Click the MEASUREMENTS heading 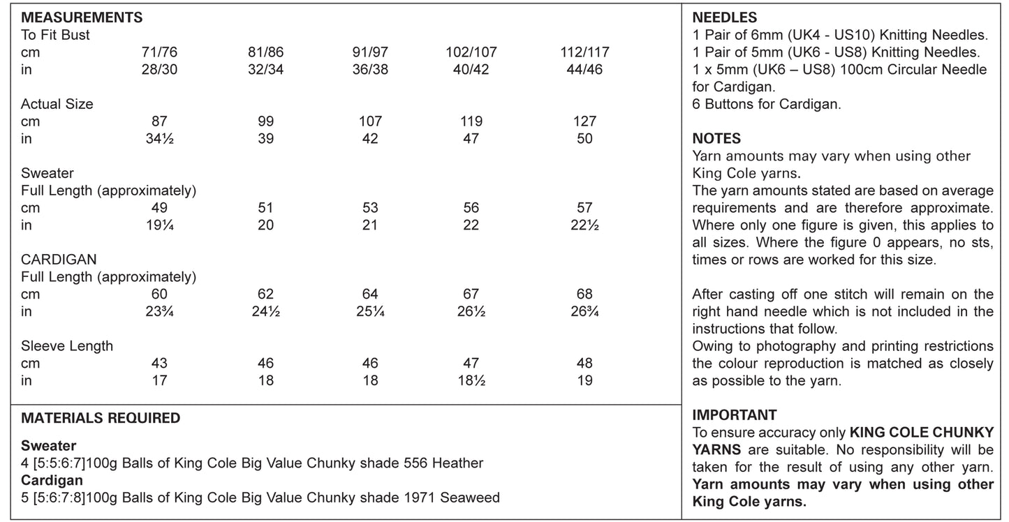tap(82, 17)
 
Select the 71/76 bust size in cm tap(161, 52)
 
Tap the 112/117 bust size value tap(584, 52)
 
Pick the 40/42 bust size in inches tap(471, 69)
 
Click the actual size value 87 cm tap(161, 121)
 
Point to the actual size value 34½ tap(161, 139)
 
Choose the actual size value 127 tap(584, 121)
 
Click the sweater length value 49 tap(161, 208)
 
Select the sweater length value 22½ tap(584, 225)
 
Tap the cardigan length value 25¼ tap(370, 312)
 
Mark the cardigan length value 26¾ tap(584, 312)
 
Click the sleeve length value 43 tap(161, 364)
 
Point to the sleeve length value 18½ tap(471, 381)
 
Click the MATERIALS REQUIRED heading tap(101, 418)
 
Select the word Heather tap(458, 463)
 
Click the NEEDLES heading tap(725, 18)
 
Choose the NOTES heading tap(716, 139)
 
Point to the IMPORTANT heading tap(735, 415)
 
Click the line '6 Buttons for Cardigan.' tap(767, 105)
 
